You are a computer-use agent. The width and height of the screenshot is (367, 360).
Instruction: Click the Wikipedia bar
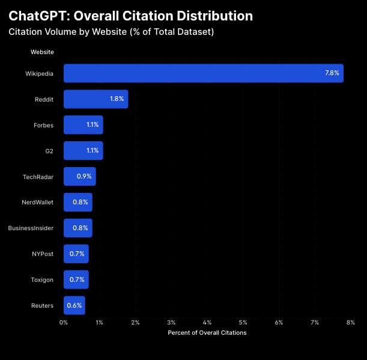(x=203, y=73)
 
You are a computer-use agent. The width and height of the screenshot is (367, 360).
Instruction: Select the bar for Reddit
(x=96, y=99)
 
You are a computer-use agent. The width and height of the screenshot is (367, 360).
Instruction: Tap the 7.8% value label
(x=332, y=73)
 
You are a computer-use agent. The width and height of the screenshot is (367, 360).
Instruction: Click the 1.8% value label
(x=117, y=99)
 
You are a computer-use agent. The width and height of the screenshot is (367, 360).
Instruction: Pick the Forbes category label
(x=44, y=125)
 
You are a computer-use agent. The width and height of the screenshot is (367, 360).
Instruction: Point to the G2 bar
(x=83, y=151)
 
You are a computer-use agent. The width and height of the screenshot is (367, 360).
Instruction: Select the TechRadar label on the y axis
(x=38, y=177)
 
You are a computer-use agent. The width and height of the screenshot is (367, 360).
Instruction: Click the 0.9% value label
(x=84, y=177)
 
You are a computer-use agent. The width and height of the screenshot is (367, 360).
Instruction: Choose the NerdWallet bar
(x=77, y=203)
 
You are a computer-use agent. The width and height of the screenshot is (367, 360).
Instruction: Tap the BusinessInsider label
(x=31, y=228)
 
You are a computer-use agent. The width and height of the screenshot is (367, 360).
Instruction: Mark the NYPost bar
(x=76, y=254)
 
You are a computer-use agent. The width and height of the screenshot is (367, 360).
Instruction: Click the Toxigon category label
(x=42, y=279)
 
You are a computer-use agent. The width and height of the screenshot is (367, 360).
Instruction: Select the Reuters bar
(x=74, y=305)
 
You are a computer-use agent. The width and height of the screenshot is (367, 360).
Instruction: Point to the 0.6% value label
(x=74, y=305)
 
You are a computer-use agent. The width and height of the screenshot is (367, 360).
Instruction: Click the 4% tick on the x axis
(x=207, y=323)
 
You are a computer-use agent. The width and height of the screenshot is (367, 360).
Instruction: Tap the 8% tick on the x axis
(x=350, y=323)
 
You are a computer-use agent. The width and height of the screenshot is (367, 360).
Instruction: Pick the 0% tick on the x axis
(x=64, y=323)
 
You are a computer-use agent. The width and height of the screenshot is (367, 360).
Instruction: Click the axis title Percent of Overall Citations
(x=207, y=333)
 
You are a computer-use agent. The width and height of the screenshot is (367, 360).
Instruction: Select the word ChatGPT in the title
(x=37, y=16)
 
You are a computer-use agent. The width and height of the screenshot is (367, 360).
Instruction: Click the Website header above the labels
(x=42, y=52)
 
